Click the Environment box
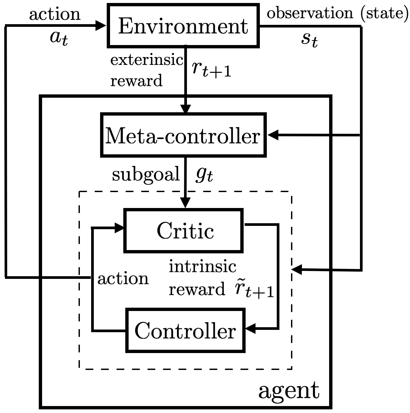[x=183, y=26]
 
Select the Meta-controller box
[x=183, y=135]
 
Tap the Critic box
[x=184, y=230]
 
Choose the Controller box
[x=185, y=330]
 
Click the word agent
[x=289, y=391]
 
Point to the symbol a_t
[x=59, y=37]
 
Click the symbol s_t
[x=309, y=39]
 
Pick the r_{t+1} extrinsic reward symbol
[x=211, y=68]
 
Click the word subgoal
[x=146, y=174]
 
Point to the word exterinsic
[x=146, y=60]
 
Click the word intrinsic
[x=203, y=266]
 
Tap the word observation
[x=310, y=13]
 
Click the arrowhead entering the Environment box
[x=101, y=26]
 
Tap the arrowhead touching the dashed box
[x=297, y=270]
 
